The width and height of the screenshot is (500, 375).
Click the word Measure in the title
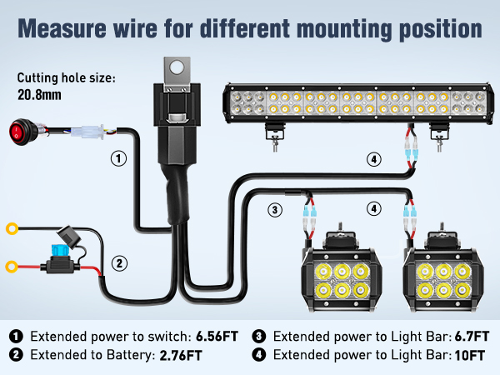pos(58,28)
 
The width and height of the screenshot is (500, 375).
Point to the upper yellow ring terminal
pos(12,227)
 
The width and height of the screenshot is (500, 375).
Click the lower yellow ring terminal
pos(12,267)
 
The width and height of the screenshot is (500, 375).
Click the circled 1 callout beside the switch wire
pos(119,157)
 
